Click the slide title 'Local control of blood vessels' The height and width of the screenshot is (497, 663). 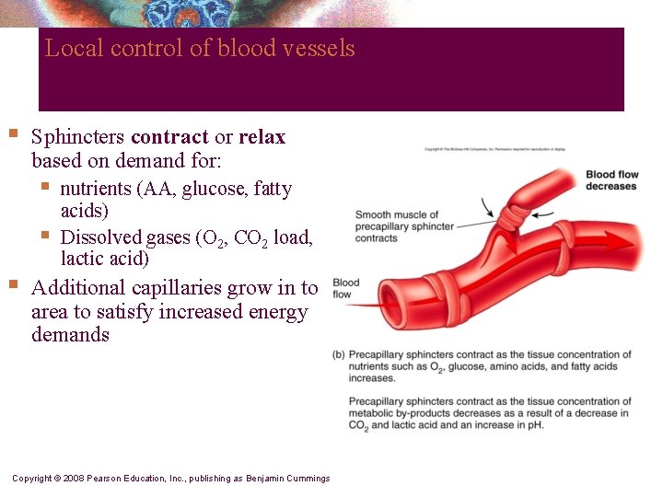[200, 48]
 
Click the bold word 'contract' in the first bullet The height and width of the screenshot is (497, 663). [169, 137]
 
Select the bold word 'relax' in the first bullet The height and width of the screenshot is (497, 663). [262, 137]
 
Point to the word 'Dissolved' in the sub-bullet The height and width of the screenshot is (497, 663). [100, 237]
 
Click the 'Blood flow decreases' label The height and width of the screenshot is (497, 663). [611, 180]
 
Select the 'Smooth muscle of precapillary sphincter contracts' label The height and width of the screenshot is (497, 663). [403, 226]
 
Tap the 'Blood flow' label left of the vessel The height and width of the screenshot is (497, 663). [345, 289]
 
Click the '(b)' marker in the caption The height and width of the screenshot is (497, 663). [339, 355]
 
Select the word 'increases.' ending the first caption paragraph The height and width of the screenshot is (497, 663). [371, 378]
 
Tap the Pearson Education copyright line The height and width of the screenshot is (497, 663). [170, 479]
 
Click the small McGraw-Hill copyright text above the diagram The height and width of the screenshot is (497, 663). [494, 148]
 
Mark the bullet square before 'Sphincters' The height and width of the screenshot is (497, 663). [12, 134]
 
